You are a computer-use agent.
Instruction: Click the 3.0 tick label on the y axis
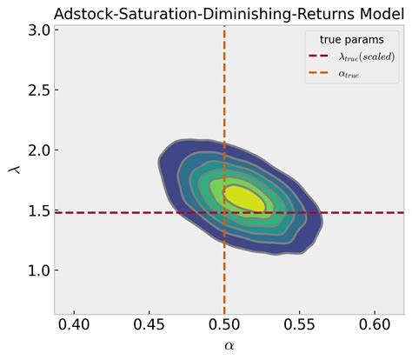pyautogui.click(x=37, y=30)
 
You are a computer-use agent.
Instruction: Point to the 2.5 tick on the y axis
pyautogui.click(x=37, y=90)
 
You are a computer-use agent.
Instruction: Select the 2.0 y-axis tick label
pyautogui.click(x=37, y=150)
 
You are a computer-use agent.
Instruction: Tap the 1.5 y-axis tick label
pyautogui.click(x=37, y=210)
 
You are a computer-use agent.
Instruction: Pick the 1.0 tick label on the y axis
pyautogui.click(x=37, y=270)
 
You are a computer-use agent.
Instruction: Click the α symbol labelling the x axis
pyautogui.click(x=229, y=346)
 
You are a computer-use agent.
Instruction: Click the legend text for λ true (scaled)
pyautogui.click(x=358, y=57)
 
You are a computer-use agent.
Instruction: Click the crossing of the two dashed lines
pyautogui.click(x=225, y=212)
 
